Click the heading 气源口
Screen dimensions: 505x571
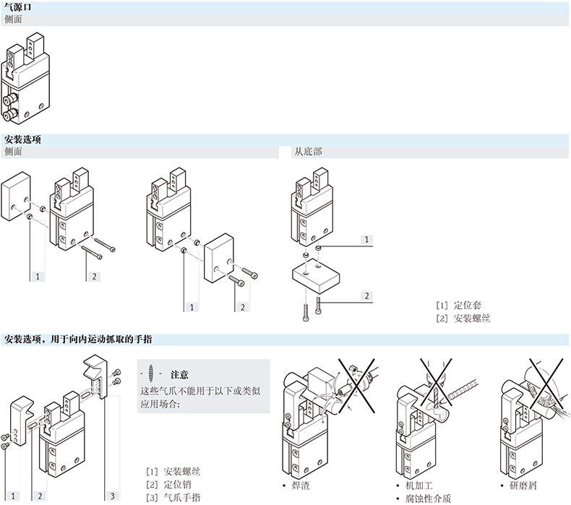pyautogui.click(x=18, y=7)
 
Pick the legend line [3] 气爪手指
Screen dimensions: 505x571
pyautogui.click(x=173, y=497)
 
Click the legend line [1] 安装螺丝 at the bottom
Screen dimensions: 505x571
pyautogui.click(x=173, y=471)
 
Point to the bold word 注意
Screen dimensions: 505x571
pyautogui.click(x=179, y=374)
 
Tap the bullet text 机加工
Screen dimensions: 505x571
pyautogui.click(x=420, y=485)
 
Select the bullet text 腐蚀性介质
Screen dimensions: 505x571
pyautogui.click(x=430, y=498)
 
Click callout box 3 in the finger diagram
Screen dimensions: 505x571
pyautogui.click(x=113, y=496)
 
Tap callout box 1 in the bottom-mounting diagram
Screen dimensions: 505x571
pyautogui.click(x=366, y=238)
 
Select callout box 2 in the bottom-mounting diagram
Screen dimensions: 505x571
pyautogui.click(x=366, y=295)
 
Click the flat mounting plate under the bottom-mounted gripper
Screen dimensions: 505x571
pyautogui.click(x=316, y=277)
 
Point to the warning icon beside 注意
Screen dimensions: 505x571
pyautogui.click(x=150, y=374)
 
